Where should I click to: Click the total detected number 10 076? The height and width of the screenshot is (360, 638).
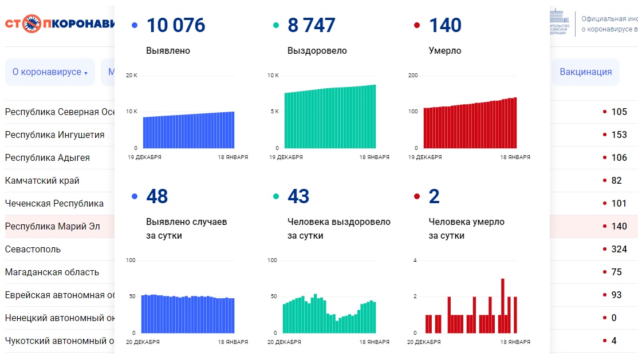click(175, 25)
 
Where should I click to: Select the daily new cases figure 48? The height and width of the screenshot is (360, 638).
click(157, 196)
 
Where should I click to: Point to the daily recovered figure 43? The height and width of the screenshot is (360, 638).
click(298, 196)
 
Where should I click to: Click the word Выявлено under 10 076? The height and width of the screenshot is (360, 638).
click(168, 50)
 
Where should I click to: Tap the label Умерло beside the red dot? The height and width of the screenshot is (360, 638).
click(445, 50)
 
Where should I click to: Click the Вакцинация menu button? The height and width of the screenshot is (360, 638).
click(585, 72)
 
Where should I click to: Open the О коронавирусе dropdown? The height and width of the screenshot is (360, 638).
click(50, 72)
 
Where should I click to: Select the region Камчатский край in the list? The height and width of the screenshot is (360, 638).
click(42, 180)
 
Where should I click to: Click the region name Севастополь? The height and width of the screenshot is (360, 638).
click(33, 249)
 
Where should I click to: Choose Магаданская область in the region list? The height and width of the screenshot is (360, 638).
click(52, 272)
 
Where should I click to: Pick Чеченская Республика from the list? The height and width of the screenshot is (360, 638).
click(54, 203)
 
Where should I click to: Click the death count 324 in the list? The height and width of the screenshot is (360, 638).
click(619, 249)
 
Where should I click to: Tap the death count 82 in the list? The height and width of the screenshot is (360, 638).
click(616, 180)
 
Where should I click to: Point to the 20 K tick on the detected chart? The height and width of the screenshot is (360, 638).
click(132, 76)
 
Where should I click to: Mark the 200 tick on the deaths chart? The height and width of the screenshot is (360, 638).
click(413, 76)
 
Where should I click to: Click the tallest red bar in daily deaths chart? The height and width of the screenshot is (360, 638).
click(502, 306)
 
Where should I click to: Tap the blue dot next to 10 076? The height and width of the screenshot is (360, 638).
click(135, 25)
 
